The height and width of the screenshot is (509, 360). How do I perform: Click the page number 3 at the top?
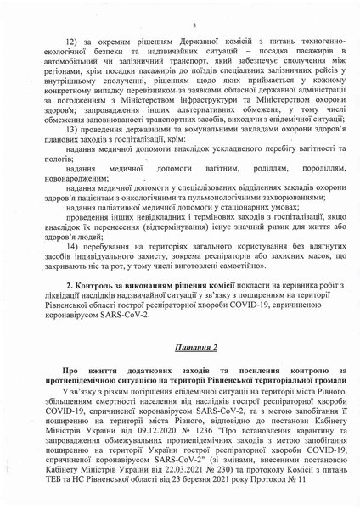pos(194,25)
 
